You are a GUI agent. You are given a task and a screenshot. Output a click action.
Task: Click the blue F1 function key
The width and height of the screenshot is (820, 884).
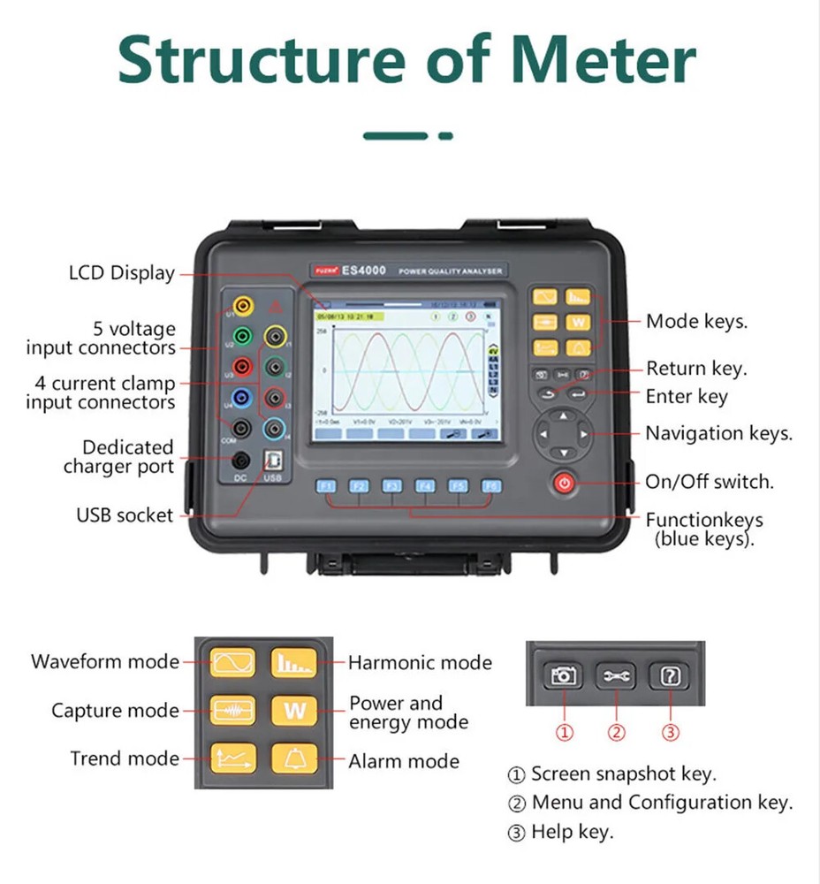pos(326,485)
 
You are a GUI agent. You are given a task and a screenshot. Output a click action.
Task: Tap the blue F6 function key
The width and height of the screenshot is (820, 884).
pos(490,485)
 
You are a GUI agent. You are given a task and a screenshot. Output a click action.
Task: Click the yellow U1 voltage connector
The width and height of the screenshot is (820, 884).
pos(241,306)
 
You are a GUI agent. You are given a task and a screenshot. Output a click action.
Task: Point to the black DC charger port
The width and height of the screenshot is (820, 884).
pos(239,460)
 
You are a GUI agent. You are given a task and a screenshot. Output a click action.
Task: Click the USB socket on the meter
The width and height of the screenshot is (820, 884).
pos(273,460)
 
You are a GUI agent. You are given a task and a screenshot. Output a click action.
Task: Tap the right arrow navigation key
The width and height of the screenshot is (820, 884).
pos(582,433)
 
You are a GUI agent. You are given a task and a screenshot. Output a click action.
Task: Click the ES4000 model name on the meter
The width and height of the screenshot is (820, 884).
pos(364,271)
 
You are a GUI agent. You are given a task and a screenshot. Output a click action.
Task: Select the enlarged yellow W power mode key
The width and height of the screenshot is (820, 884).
pos(294,710)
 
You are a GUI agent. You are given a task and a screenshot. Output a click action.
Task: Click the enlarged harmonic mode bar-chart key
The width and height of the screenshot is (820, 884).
pos(294,662)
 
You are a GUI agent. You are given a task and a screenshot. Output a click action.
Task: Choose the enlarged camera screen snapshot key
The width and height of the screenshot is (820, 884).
pos(564,676)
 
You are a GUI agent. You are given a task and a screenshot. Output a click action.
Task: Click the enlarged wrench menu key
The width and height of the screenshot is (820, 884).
pos(616,676)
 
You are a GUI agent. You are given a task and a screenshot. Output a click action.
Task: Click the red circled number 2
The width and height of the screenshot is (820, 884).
pos(617,732)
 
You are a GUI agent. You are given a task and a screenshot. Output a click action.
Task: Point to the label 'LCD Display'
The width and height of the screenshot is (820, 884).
pos(122,273)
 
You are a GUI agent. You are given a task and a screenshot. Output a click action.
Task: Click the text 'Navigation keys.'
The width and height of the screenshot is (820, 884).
pos(718,433)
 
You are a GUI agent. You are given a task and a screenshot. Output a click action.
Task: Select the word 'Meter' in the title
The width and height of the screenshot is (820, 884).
pos(604,60)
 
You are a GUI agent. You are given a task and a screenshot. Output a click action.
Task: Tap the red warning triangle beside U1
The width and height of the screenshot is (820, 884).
pos(276,307)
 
